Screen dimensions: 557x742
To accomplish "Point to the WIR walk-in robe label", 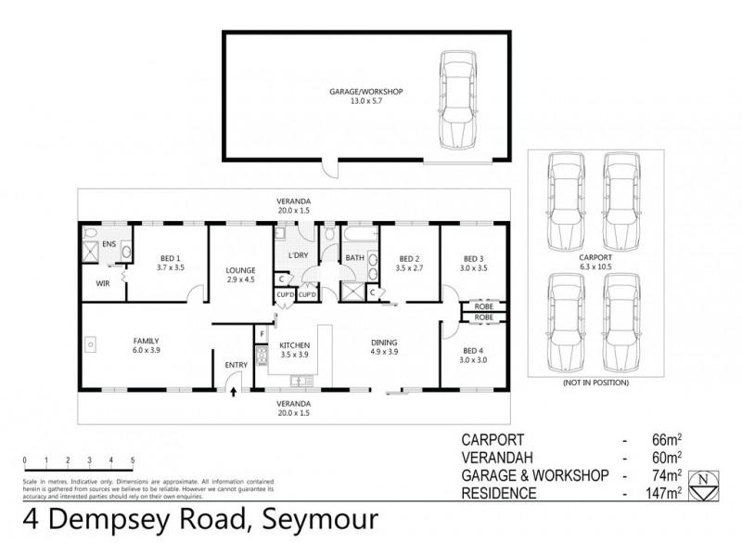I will [103, 284].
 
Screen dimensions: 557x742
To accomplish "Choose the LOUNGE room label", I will [240, 270].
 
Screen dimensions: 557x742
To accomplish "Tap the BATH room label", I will [354, 259].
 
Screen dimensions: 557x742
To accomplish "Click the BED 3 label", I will [473, 259].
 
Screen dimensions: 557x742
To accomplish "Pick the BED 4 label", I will [473, 350].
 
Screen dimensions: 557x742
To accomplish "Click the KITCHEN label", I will [294, 344].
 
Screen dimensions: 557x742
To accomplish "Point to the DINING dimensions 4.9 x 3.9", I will [383, 353].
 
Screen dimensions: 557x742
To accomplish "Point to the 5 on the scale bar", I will [133, 460].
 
